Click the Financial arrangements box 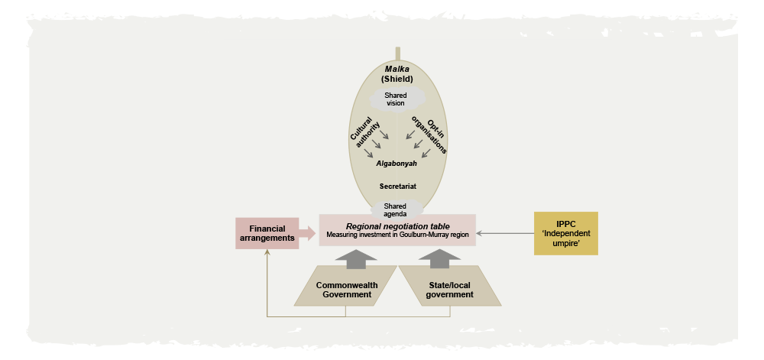click(x=267, y=233)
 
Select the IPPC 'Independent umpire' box click(x=565, y=233)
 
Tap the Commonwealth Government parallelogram click(x=345, y=286)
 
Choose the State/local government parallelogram click(x=450, y=286)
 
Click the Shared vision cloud click(x=395, y=99)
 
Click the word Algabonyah click(x=397, y=164)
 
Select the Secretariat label click(x=397, y=186)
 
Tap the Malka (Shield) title click(x=397, y=74)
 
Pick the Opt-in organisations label click(x=429, y=135)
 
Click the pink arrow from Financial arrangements click(x=307, y=233)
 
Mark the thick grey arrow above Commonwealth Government click(x=356, y=258)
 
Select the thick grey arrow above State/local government click(x=439, y=258)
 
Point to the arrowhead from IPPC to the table click(x=478, y=233)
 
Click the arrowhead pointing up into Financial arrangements click(x=267, y=253)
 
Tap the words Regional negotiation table click(x=397, y=226)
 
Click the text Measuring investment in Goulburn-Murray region click(x=397, y=235)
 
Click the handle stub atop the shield click(x=398, y=54)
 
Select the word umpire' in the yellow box click(x=566, y=242)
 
